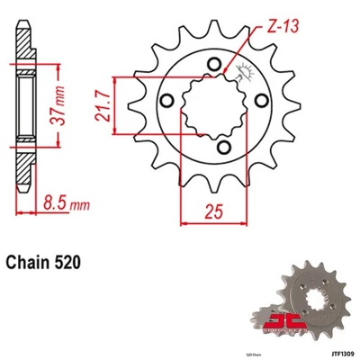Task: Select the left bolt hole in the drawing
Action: click(168, 98)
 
